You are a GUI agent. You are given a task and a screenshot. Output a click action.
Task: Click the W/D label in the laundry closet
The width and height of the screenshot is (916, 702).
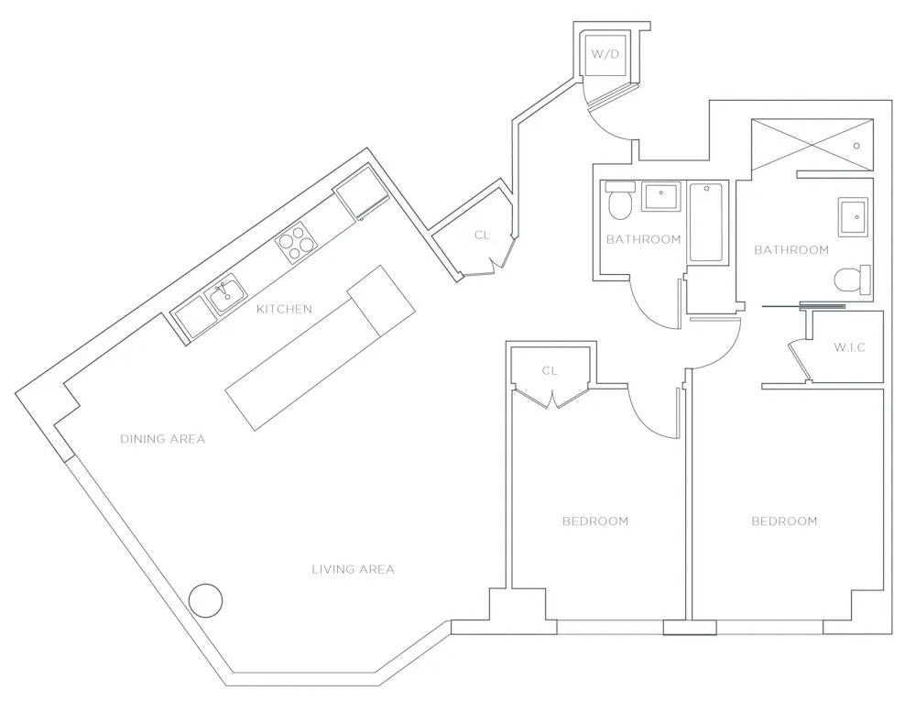pos(605,54)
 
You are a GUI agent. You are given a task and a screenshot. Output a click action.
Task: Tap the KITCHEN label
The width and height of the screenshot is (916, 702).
pos(283,310)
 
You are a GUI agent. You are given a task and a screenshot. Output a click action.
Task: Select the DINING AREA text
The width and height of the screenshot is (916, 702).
pos(162,439)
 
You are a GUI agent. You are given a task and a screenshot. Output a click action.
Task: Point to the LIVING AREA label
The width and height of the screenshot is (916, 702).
pos(353,569)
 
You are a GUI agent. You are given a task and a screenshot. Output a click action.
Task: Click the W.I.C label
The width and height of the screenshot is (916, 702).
pos(849,348)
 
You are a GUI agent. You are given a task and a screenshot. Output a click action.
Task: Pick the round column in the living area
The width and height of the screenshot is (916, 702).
pos(205,600)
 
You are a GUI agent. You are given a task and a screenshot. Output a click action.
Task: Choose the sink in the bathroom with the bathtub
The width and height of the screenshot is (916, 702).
pos(660,196)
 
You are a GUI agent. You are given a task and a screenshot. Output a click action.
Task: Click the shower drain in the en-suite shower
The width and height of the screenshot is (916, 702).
pos(856,145)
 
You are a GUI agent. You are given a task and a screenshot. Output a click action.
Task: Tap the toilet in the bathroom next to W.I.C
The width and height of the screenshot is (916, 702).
pos(852,278)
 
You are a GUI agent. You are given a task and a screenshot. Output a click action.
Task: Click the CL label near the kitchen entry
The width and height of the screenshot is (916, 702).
pos(482,236)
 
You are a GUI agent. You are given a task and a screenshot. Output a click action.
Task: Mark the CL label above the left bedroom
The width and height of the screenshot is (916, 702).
pos(550,371)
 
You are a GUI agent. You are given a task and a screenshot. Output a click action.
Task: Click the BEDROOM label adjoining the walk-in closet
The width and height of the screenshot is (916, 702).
pos(784,521)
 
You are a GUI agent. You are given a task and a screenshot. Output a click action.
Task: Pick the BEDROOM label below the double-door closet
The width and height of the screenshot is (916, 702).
pos(595,521)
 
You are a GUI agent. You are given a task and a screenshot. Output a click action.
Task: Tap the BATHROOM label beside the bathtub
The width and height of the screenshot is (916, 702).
pos(643,239)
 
